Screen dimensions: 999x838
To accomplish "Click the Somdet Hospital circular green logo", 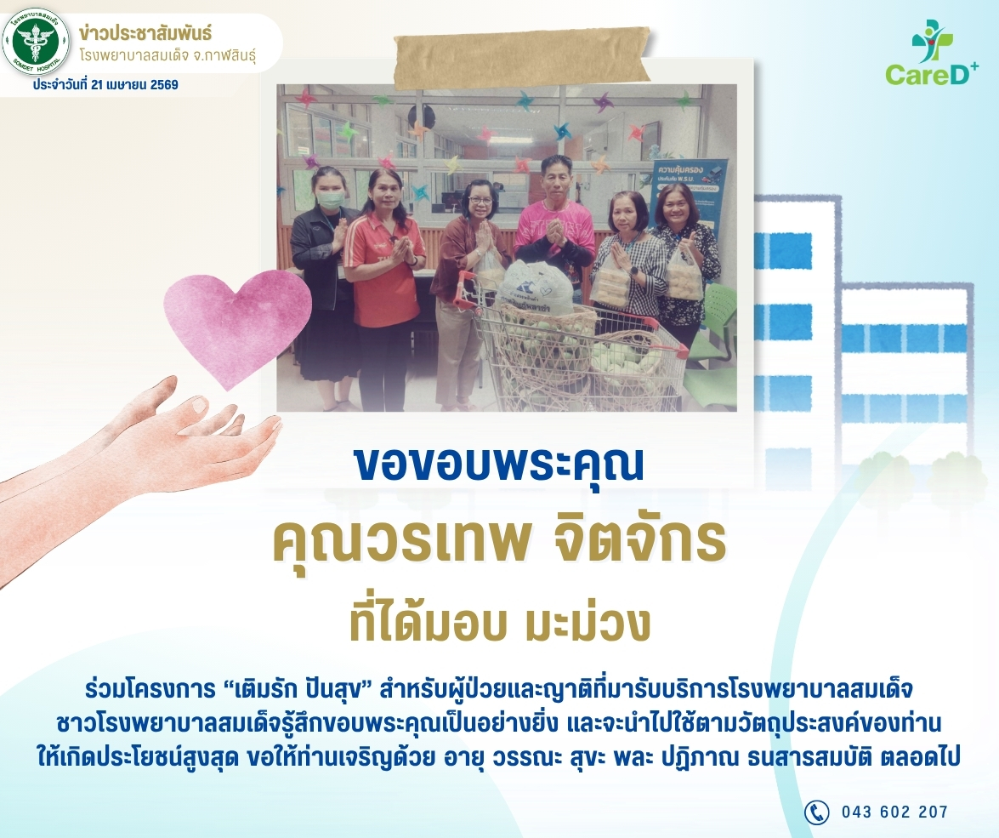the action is tap(36, 42).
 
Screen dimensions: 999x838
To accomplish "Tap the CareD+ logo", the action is tap(932, 53).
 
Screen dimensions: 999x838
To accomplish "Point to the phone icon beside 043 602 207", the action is tap(816, 812).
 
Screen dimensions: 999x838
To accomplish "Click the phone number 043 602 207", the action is tap(894, 812).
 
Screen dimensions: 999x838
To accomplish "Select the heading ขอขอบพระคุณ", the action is tap(499, 465).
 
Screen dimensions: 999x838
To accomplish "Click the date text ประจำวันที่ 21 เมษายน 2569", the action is tap(105, 85).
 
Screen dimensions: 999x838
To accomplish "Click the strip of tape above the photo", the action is tap(522, 56).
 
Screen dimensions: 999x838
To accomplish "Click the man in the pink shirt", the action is tap(555, 225).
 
